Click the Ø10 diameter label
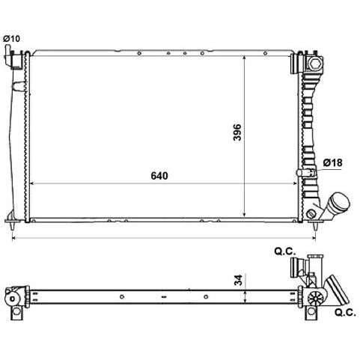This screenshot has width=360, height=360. (x=11, y=39)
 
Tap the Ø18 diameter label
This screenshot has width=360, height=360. (x=332, y=162)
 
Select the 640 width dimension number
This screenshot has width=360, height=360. (x=159, y=176)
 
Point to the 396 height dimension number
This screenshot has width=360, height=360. (x=237, y=132)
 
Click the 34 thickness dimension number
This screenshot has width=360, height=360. (x=239, y=280)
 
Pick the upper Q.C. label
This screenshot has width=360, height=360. (x=285, y=251)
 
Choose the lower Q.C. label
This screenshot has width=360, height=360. (x=345, y=312)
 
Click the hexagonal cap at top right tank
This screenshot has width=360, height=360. (x=314, y=64)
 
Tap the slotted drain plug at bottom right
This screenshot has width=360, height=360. (x=311, y=214)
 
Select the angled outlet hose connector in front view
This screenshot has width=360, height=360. (x=335, y=206)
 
